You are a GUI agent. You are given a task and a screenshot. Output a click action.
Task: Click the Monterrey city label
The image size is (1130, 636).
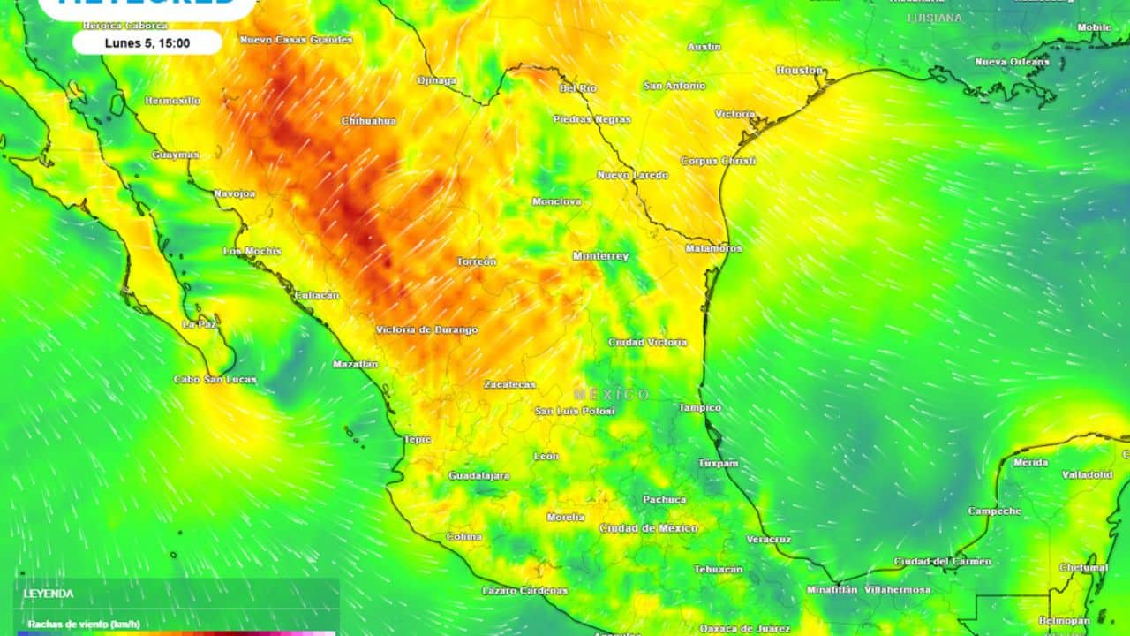pyautogui.click(x=600, y=256)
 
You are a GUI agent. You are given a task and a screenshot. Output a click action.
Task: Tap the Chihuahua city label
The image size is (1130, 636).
pyautogui.click(x=369, y=121)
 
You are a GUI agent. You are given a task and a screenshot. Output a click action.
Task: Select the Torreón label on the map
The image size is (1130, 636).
pyautogui.click(x=477, y=261)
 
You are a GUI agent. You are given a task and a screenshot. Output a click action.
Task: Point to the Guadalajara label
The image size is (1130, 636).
pyautogui.click(x=478, y=476)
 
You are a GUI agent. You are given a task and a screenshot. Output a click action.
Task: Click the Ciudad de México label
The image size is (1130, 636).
pyautogui.click(x=649, y=528)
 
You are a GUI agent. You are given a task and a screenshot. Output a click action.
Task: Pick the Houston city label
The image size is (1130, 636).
pyautogui.click(x=799, y=70)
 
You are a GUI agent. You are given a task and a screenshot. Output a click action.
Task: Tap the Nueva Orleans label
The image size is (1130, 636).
pyautogui.click(x=1012, y=62)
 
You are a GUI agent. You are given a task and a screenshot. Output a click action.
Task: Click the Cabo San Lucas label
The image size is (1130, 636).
pyautogui.click(x=215, y=380)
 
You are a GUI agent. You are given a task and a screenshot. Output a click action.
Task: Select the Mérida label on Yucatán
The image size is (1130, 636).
pyautogui.click(x=1030, y=463)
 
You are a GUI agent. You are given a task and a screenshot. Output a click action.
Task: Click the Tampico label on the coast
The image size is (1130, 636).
pyautogui.click(x=699, y=408)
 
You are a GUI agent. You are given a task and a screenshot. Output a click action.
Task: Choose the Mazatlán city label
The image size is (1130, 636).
pyautogui.click(x=355, y=364)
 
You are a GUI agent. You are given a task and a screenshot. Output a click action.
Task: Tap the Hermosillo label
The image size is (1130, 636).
pyautogui.click(x=172, y=101)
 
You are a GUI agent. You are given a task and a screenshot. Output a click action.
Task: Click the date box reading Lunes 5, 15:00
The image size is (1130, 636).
pyautogui.click(x=147, y=42)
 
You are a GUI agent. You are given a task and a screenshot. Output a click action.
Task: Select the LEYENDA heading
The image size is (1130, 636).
pyautogui.click(x=49, y=594)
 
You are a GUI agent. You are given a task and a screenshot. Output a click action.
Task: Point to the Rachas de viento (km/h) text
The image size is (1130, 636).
pyautogui.click(x=83, y=624)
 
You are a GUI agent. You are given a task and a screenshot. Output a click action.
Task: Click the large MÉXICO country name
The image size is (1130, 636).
pyautogui.click(x=611, y=394)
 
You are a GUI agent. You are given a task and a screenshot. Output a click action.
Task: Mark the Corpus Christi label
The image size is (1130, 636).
pyautogui.click(x=718, y=161)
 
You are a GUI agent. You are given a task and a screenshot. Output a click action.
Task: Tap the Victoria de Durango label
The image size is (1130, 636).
pyautogui.click(x=427, y=330)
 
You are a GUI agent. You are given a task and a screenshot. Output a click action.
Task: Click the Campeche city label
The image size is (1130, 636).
pyautogui.click(x=994, y=511)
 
